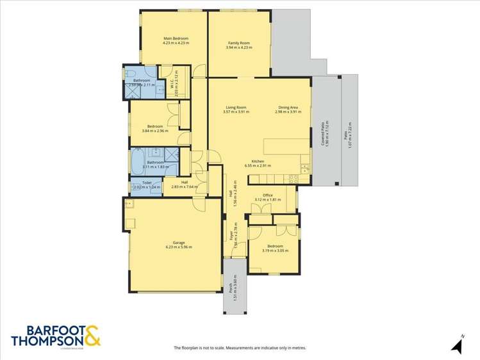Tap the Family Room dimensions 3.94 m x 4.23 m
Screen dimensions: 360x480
(x=238, y=47)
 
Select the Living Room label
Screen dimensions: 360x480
(x=236, y=107)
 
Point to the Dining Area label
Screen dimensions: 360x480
(x=288, y=107)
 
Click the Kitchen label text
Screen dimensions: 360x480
(x=258, y=161)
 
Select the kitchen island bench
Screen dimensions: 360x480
(x=286, y=147)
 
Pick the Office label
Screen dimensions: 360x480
(x=267, y=195)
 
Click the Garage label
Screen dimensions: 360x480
(x=179, y=242)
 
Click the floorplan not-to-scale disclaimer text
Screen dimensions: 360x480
(x=240, y=348)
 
